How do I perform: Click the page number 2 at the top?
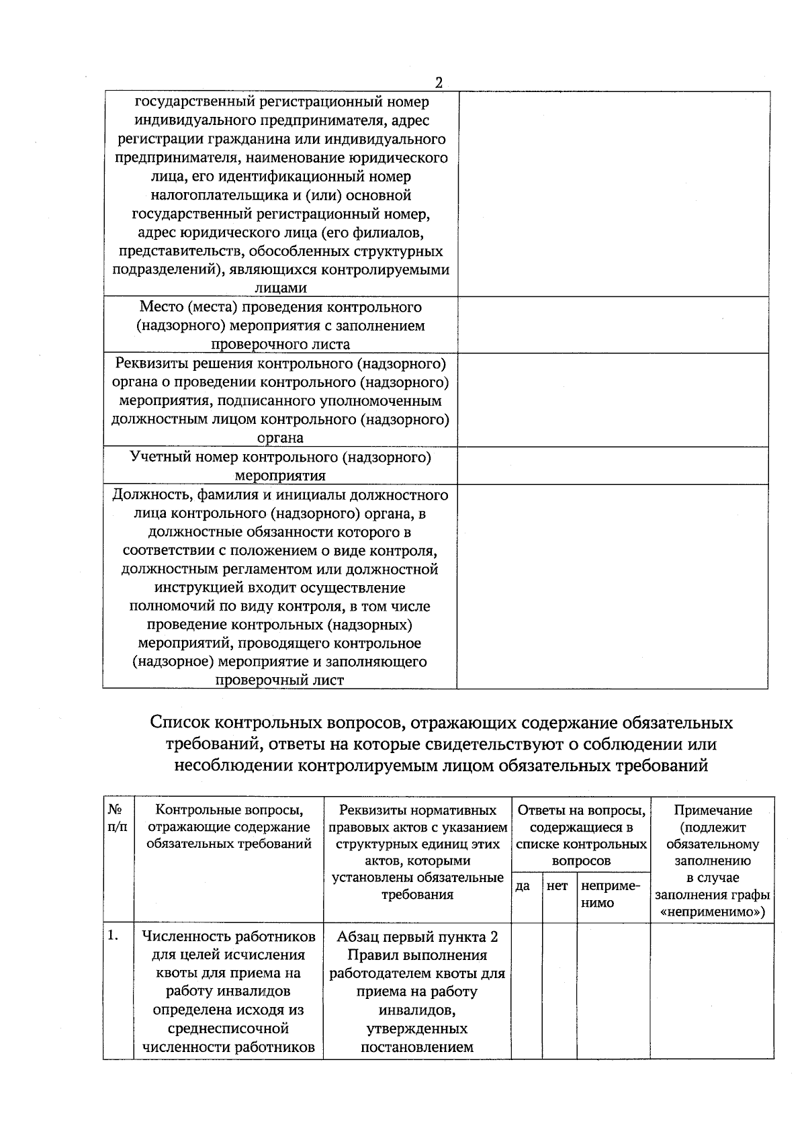click(439, 83)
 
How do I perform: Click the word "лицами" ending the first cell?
click(281, 288)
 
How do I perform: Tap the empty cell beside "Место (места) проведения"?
click(613, 325)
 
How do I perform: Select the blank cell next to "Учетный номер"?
click(613, 466)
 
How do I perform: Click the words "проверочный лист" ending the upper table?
click(279, 680)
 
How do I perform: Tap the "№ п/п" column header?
click(117, 818)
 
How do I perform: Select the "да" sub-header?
click(523, 886)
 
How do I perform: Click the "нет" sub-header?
click(557, 886)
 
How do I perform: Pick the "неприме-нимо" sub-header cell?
click(606, 894)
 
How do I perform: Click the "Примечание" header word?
click(713, 810)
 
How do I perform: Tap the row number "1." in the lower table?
click(114, 935)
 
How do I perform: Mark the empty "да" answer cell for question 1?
click(526, 990)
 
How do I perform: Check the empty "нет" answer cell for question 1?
click(559, 990)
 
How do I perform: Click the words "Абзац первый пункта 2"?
click(417, 936)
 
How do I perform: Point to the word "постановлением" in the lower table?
click(417, 1047)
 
